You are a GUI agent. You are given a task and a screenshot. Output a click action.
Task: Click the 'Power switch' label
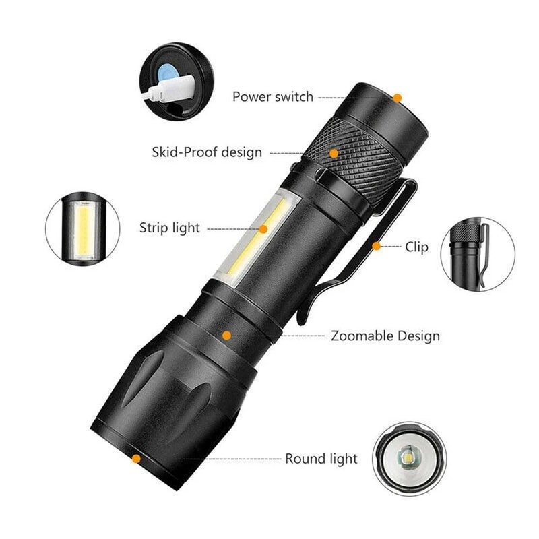[x=272, y=96]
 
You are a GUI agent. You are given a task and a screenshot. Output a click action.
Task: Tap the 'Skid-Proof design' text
[x=207, y=152]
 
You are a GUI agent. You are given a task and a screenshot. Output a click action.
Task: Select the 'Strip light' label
[x=170, y=228]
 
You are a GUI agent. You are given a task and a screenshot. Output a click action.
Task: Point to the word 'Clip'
[x=416, y=247]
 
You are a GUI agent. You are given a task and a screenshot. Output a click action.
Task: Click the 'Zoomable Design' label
[x=385, y=336]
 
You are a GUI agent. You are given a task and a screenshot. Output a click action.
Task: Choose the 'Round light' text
[x=321, y=459]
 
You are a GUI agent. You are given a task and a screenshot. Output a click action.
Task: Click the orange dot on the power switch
[x=398, y=98]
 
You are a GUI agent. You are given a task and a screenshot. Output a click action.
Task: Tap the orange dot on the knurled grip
[x=334, y=153]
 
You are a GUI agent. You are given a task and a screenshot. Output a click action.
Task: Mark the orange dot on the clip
[x=377, y=247]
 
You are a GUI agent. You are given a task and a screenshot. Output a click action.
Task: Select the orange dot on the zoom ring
[x=227, y=335]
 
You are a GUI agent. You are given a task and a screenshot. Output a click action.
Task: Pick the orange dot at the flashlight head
[x=136, y=459]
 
